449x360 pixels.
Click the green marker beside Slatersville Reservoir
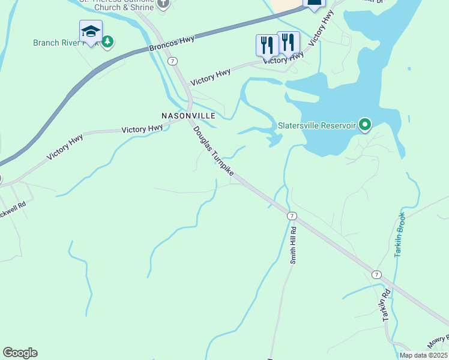(x=364, y=125)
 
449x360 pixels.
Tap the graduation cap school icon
(x=91, y=31)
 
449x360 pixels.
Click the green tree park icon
(x=107, y=42)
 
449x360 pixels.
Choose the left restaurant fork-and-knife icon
(x=267, y=45)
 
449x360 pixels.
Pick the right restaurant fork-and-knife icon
(x=288, y=42)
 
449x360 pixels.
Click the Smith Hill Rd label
(x=294, y=245)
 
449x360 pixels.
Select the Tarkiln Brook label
(x=400, y=235)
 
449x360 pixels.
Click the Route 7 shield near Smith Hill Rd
(x=292, y=216)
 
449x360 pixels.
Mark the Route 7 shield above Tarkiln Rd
(x=376, y=274)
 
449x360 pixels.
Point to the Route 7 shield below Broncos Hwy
(x=172, y=61)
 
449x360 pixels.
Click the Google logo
(x=20, y=353)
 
